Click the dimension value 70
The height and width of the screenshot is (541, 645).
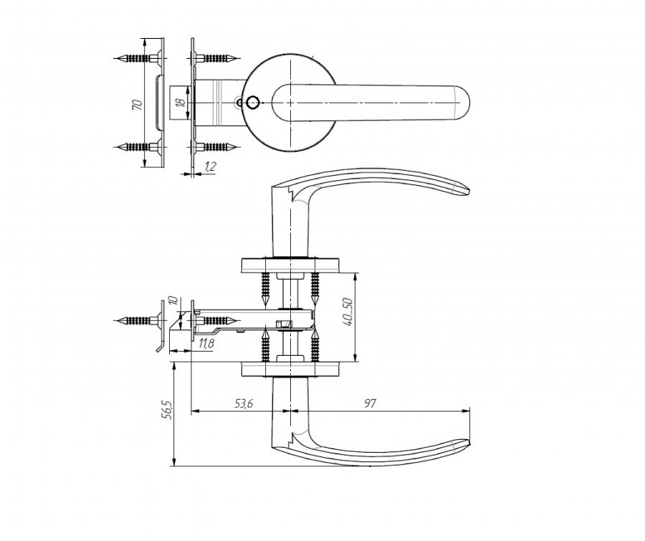[138, 104]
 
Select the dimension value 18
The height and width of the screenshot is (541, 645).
[180, 103]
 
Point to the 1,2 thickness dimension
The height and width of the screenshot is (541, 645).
[210, 166]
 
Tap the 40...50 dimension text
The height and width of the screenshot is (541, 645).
[348, 311]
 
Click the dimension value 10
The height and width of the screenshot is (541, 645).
[173, 301]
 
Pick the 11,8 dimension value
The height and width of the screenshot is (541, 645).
[206, 344]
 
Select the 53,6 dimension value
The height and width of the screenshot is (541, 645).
[244, 404]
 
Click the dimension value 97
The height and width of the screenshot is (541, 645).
[370, 403]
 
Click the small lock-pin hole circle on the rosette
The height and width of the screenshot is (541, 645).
[252, 102]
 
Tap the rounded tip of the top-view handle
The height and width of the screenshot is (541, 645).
[469, 103]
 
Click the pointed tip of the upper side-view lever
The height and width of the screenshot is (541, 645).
[469, 190]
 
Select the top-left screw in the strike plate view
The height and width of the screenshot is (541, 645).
[137, 57]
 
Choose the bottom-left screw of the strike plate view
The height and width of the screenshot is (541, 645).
[137, 146]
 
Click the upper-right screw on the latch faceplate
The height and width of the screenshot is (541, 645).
[215, 57]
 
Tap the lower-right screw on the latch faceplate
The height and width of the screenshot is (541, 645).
[215, 146]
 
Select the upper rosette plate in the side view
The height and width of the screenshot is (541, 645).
[290, 265]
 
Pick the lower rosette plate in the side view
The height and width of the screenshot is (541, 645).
[290, 370]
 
